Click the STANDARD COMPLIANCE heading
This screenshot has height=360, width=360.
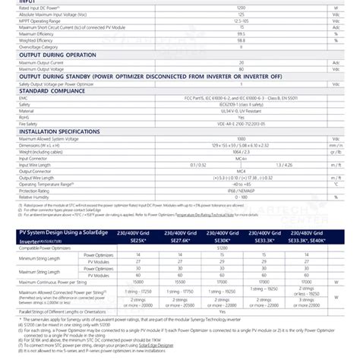(53, 91)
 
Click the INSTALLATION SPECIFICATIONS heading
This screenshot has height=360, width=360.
(64, 130)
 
